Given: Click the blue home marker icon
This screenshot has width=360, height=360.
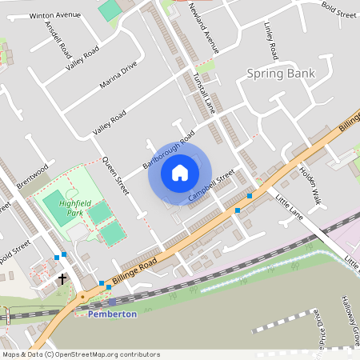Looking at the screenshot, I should [x=180, y=172].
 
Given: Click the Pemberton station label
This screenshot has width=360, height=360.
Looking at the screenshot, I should [x=112, y=314].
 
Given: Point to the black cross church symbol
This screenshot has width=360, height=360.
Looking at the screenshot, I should [x=62, y=278].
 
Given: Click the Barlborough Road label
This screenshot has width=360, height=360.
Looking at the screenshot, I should [x=169, y=150].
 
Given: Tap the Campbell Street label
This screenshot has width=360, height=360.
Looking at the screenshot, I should [x=210, y=185].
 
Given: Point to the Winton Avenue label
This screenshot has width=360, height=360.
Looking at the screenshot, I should [x=55, y=15].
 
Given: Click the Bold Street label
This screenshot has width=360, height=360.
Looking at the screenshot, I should [x=339, y=12].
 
